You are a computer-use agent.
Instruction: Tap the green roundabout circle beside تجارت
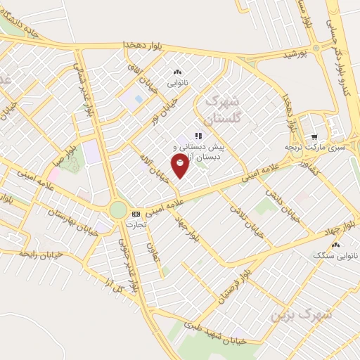pos(118,210)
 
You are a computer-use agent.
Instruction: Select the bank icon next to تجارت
pos(136,214)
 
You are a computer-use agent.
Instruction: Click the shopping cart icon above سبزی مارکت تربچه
pos(314,137)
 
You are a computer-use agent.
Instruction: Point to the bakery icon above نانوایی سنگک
pos(335,245)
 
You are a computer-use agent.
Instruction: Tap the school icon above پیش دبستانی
pos(199,136)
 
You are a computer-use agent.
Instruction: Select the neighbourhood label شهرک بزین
pos(301,314)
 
